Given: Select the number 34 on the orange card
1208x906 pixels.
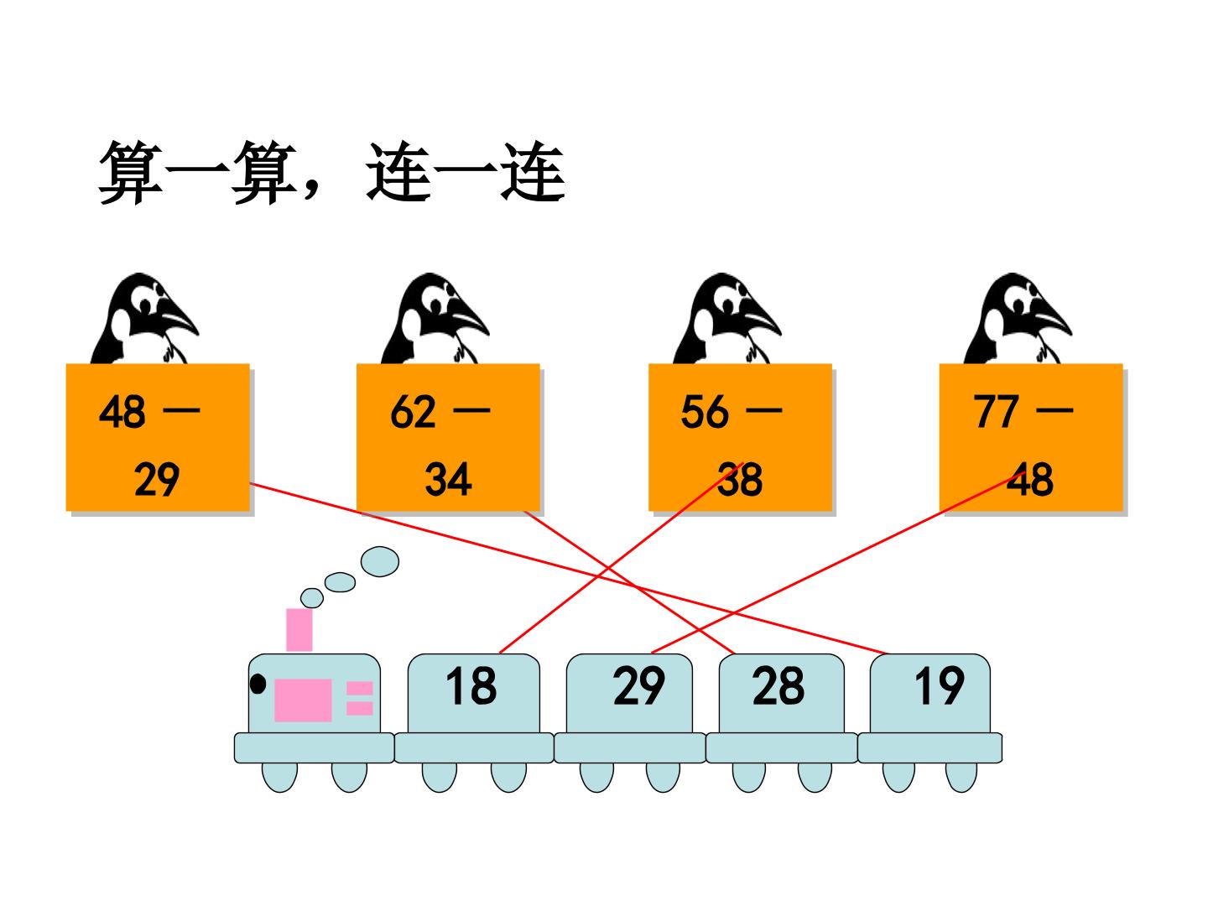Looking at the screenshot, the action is (x=448, y=479).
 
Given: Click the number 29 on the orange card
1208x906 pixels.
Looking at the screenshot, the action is (x=157, y=479).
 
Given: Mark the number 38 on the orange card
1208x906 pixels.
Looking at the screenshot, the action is (x=740, y=479).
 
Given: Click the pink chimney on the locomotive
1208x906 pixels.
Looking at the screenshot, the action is (x=299, y=630).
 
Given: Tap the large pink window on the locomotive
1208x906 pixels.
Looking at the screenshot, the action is (x=303, y=700).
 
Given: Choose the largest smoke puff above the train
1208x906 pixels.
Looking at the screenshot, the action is (x=380, y=562).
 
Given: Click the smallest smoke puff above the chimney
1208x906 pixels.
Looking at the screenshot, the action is (x=311, y=598).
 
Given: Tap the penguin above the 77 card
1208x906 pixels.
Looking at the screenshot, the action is (x=1017, y=319).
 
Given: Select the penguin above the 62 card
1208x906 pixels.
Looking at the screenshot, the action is (x=435, y=319).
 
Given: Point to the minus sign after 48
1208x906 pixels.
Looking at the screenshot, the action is (x=181, y=410).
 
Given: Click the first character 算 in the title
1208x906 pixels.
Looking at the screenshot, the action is (x=131, y=172).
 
